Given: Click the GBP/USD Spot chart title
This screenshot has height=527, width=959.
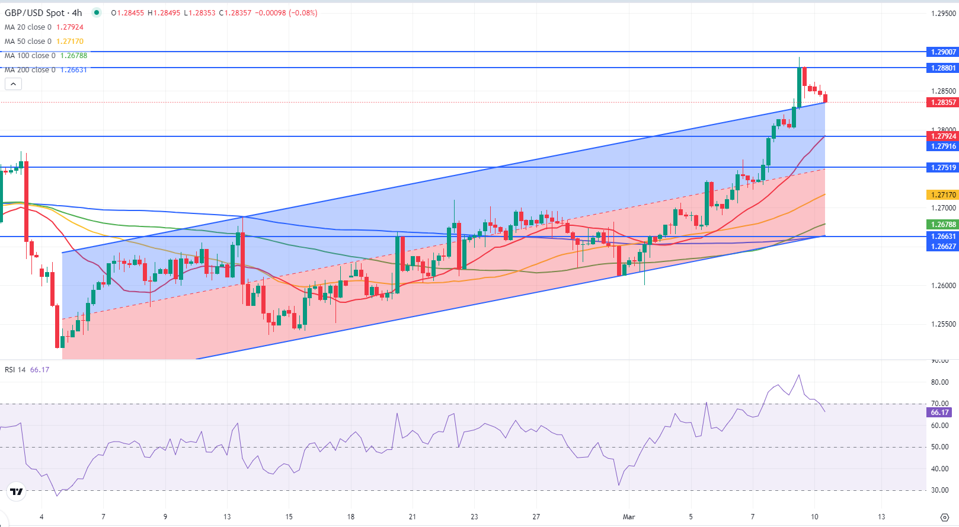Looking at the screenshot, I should point(43,13).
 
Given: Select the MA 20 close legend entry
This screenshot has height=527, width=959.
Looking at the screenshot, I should point(28,27).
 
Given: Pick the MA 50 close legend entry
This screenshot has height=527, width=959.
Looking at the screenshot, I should point(28,41).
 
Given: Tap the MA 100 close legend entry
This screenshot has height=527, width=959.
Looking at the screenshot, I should point(30,56).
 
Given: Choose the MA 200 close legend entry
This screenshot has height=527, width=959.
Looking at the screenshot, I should point(30,70).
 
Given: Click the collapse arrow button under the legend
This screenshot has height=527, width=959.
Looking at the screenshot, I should point(13,84).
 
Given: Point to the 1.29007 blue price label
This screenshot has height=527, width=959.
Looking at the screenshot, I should point(942,52).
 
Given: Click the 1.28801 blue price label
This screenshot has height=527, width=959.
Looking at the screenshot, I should point(942,68).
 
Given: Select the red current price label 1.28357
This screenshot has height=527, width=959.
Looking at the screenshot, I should point(942,103).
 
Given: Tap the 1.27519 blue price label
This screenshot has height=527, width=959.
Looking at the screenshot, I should point(942,168).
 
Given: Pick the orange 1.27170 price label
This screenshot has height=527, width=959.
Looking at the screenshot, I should point(942,195).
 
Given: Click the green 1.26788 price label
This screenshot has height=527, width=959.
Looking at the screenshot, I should point(942,225).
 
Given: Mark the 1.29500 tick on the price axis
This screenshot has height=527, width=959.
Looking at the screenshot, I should point(943,14).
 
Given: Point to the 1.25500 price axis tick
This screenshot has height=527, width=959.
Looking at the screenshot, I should point(943,324).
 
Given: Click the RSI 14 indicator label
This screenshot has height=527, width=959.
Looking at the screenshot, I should point(15,370).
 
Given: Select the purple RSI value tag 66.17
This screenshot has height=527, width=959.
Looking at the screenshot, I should point(939,413).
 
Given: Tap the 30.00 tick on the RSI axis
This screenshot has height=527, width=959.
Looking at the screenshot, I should point(940,490).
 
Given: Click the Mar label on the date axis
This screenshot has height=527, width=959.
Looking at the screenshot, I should point(629,517).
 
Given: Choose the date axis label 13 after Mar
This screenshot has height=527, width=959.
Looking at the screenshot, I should point(881,517).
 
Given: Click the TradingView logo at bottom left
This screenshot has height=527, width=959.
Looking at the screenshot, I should point(17,491).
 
